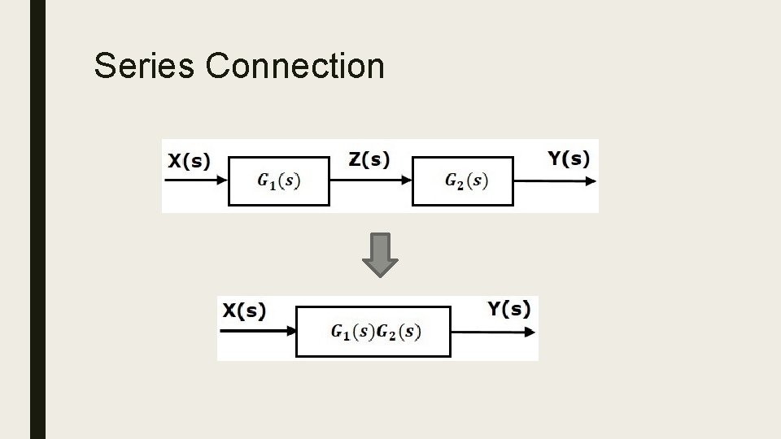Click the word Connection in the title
[295, 66]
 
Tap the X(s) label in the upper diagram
[189, 160]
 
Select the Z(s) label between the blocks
[369, 159]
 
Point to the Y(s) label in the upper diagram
[569, 159]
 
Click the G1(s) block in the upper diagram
[279, 180]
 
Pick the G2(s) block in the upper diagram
[463, 180]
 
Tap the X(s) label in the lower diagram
[245, 311]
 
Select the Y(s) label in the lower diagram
[509, 309]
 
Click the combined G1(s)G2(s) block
[373, 332]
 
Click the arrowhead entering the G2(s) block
[406, 180]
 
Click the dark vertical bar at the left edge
[37, 219]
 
